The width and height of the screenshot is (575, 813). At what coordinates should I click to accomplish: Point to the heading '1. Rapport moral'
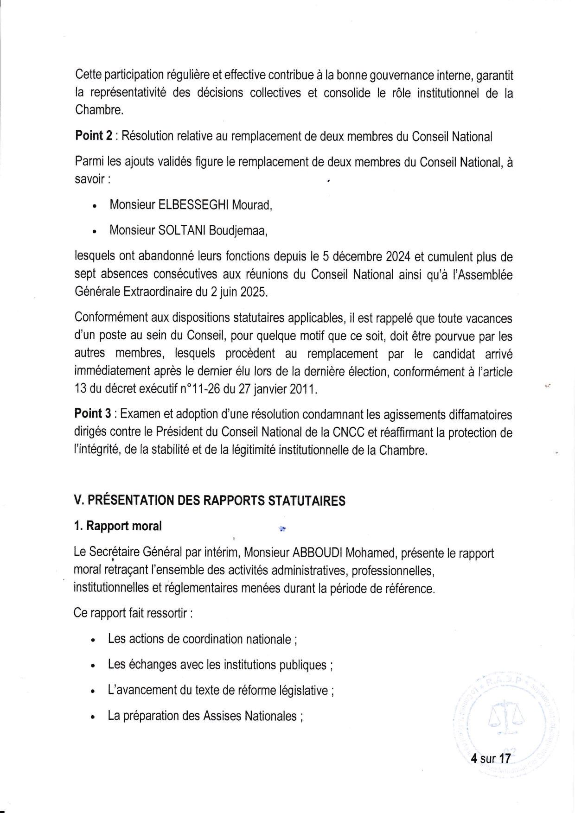click(118, 526)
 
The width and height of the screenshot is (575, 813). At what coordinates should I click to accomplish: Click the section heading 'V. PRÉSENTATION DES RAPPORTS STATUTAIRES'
click(210, 501)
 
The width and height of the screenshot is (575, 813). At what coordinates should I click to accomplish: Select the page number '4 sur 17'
click(490, 759)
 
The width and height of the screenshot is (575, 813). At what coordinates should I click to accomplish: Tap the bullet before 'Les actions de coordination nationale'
click(94, 641)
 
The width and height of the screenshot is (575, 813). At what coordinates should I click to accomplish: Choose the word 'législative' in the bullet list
click(303, 691)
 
